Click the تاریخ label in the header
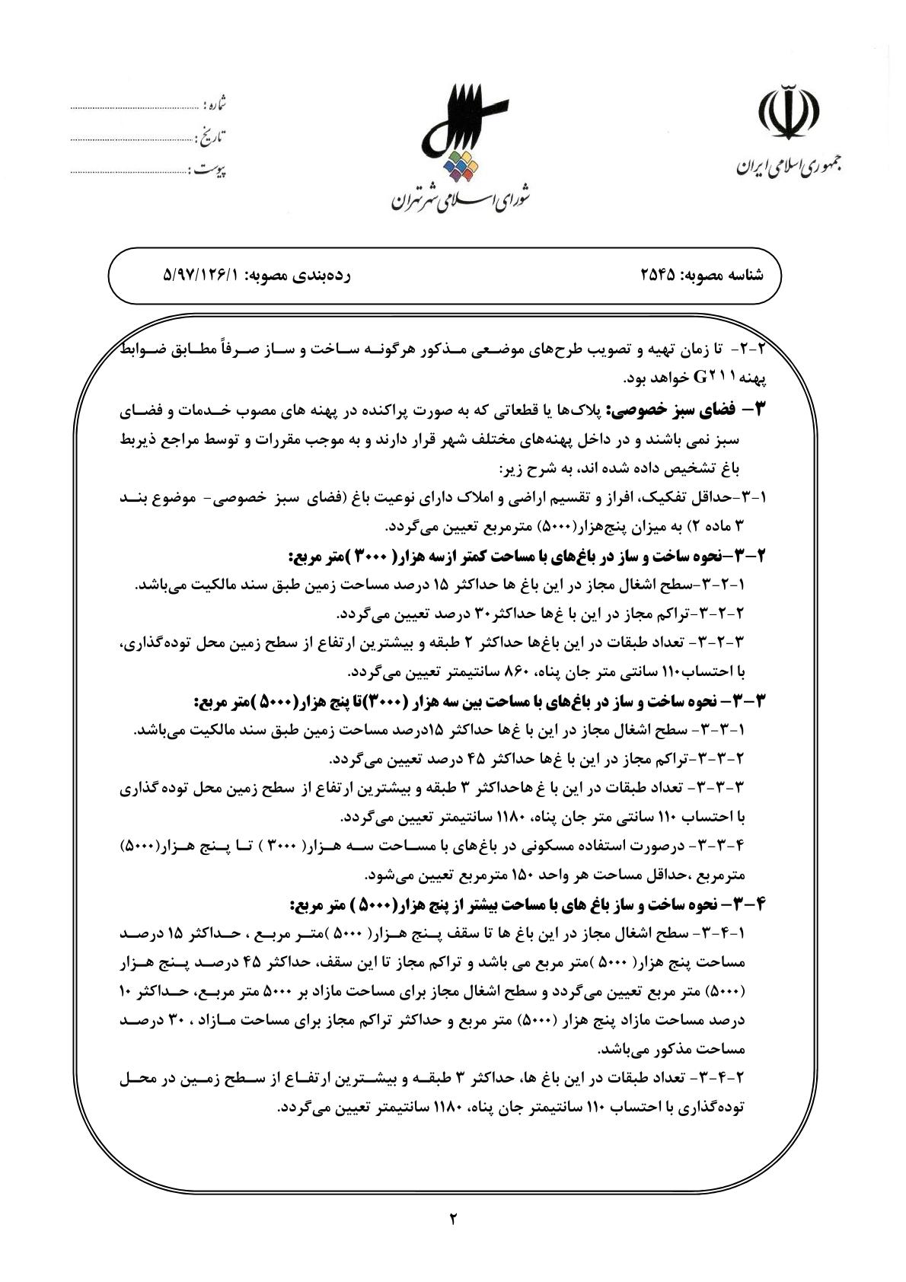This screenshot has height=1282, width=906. [x=212, y=137]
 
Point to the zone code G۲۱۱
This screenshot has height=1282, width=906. [x=710, y=378]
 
